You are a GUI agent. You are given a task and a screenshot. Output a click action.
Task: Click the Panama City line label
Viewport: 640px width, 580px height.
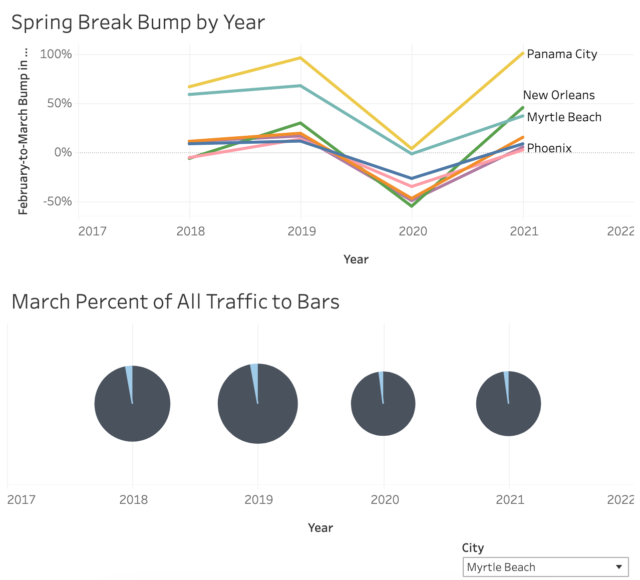pyautogui.click(x=562, y=54)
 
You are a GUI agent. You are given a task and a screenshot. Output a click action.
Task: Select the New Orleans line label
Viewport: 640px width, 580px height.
pyautogui.click(x=559, y=95)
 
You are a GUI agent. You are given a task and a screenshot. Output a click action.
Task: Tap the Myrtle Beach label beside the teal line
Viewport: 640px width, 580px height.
pyautogui.click(x=564, y=117)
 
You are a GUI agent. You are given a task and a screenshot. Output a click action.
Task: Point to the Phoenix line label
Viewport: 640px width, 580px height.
pyautogui.click(x=549, y=148)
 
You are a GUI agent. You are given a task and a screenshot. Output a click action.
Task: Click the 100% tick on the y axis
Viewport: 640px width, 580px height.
pyautogui.click(x=56, y=54)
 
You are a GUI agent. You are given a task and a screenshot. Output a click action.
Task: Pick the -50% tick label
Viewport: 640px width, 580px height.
pyautogui.click(x=57, y=201)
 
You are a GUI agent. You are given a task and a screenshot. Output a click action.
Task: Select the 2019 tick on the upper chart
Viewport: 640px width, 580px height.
pyautogui.click(x=301, y=231)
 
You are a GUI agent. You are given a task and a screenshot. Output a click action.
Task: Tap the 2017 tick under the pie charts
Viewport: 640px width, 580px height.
pyautogui.click(x=21, y=499)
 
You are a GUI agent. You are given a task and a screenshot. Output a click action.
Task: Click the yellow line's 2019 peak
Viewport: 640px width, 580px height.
pyautogui.click(x=300, y=58)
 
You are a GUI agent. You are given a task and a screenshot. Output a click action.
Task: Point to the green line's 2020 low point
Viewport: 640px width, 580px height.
pyautogui.click(x=412, y=206)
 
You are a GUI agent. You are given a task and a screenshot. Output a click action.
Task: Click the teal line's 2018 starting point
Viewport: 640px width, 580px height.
pyautogui.click(x=190, y=94)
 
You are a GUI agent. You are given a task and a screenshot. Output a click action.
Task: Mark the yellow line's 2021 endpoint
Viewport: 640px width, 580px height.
pyautogui.click(x=523, y=53)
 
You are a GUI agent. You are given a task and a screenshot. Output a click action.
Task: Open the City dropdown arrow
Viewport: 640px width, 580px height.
pyautogui.click(x=619, y=567)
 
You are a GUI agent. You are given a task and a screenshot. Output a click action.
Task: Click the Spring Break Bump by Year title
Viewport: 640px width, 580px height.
pyautogui.click(x=138, y=23)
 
